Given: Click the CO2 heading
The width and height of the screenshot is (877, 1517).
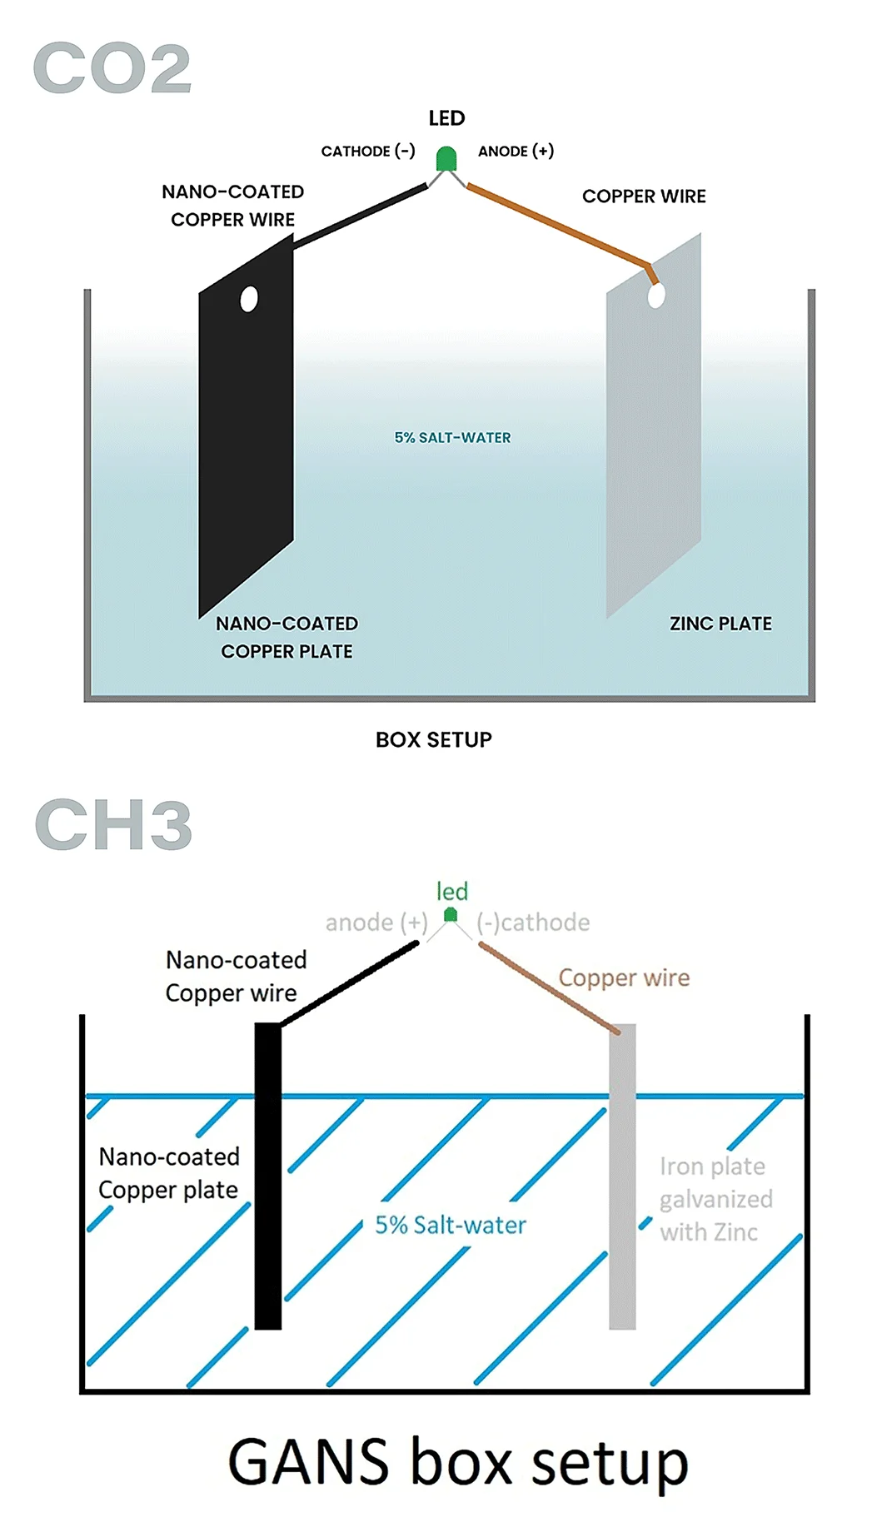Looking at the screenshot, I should (x=112, y=68).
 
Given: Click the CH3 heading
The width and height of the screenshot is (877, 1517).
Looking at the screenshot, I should (x=113, y=824).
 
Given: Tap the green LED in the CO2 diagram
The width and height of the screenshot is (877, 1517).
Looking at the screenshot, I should (x=446, y=158).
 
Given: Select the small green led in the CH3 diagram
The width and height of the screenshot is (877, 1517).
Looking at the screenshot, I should (x=451, y=915).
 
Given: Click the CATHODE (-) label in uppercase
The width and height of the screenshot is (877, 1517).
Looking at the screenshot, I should (x=368, y=152).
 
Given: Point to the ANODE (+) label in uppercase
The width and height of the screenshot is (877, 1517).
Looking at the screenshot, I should (x=516, y=152).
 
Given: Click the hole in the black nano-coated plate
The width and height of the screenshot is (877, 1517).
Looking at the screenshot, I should (x=248, y=299).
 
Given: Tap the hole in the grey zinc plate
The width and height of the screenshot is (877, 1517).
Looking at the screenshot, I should (x=656, y=296).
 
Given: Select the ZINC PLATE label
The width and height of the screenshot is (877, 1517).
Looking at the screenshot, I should (x=720, y=624).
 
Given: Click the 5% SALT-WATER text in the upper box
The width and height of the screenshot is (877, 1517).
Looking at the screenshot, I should (x=452, y=438).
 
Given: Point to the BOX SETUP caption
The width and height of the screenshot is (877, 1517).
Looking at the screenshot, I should (x=433, y=739).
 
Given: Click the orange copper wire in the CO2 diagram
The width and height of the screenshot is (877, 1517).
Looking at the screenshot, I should (x=558, y=225).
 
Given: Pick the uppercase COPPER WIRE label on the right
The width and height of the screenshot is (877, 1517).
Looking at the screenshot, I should (x=644, y=196).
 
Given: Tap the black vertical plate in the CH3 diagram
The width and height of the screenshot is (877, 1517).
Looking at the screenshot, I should (x=267, y=1174).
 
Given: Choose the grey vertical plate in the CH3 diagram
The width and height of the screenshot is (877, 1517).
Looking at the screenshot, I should (x=622, y=1174).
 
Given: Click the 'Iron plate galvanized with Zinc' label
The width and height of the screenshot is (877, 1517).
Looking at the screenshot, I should (x=715, y=1199).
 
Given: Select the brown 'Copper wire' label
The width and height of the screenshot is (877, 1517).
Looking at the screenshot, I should (x=624, y=977).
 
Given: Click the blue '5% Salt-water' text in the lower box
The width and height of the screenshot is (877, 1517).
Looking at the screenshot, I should (x=451, y=1225).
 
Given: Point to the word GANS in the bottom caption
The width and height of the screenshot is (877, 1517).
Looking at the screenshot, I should (x=308, y=1462).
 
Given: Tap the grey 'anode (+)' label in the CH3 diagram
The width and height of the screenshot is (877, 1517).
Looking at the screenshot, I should (x=376, y=923).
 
